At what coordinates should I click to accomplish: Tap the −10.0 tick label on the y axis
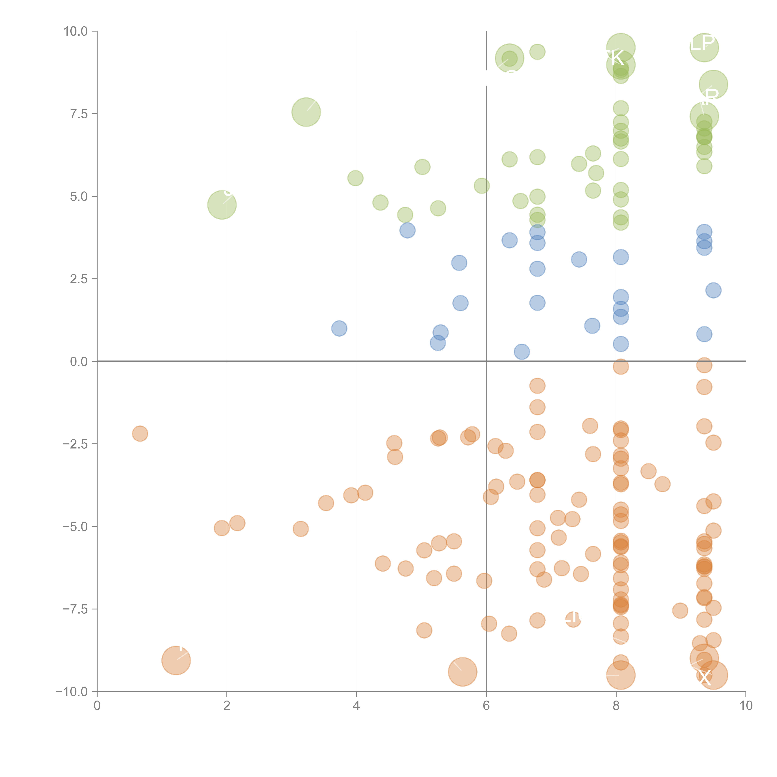[72, 692]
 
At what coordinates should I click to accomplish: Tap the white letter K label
[616, 58]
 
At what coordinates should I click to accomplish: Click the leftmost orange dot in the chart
[140, 434]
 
